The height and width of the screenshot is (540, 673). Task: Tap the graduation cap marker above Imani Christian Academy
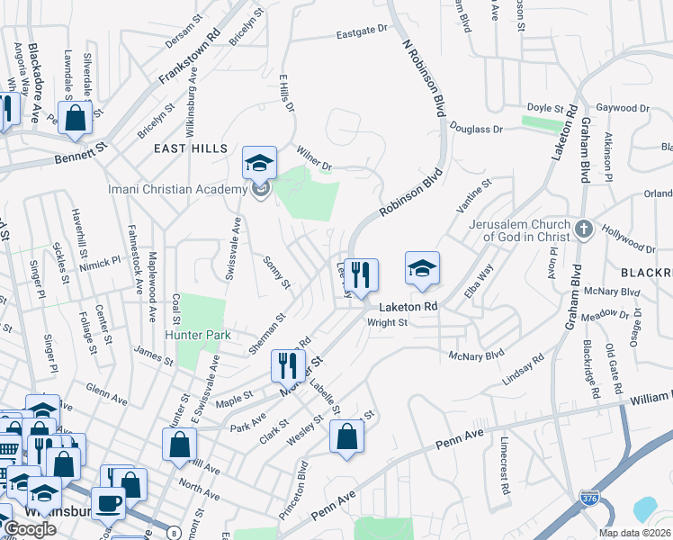point(259,163)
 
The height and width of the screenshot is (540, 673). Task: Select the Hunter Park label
point(197,335)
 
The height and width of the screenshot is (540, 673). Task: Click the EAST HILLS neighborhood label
point(190,148)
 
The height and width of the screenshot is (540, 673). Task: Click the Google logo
point(30,528)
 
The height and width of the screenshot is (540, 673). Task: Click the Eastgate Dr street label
point(361,30)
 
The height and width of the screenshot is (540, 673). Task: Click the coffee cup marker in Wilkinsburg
point(108,502)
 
